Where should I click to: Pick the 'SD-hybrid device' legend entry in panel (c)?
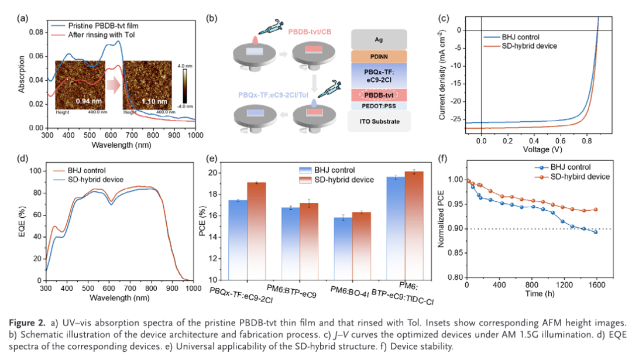[530, 46]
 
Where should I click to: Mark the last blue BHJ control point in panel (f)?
[596, 232]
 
